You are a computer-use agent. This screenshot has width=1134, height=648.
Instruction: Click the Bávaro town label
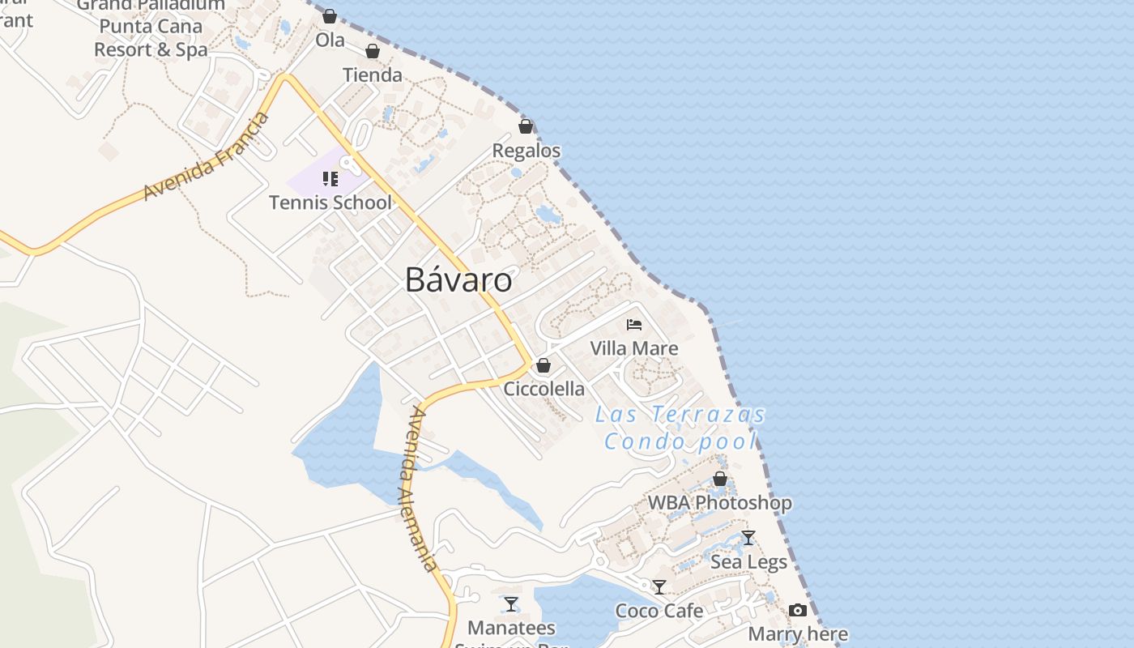(x=458, y=280)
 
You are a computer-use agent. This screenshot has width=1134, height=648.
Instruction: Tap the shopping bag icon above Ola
(x=330, y=16)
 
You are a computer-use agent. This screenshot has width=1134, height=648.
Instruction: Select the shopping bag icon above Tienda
(x=373, y=51)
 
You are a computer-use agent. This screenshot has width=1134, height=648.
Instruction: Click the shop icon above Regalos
(x=526, y=126)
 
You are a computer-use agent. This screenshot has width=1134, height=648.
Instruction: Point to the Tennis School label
(x=330, y=202)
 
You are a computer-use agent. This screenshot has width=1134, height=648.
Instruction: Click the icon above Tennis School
(x=330, y=178)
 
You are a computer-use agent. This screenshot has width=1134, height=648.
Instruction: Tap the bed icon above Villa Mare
(x=634, y=325)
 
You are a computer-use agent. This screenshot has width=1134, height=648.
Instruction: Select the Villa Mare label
(x=634, y=348)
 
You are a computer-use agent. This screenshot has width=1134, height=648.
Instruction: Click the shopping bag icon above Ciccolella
(x=544, y=365)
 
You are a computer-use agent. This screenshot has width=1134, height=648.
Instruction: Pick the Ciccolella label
(x=544, y=389)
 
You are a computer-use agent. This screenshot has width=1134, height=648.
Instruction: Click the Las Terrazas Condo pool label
(x=680, y=428)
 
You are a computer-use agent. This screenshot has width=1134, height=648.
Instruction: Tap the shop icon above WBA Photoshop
(x=720, y=479)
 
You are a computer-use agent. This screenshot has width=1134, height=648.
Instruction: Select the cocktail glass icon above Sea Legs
(x=748, y=538)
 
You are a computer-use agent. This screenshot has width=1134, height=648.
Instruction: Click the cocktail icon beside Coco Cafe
(x=660, y=586)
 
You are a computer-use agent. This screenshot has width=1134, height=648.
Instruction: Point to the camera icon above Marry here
(x=798, y=610)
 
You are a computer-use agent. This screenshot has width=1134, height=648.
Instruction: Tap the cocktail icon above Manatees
(x=511, y=603)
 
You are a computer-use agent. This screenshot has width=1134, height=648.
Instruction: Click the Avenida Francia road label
(x=206, y=157)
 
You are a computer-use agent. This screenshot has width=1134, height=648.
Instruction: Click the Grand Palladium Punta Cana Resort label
(x=151, y=28)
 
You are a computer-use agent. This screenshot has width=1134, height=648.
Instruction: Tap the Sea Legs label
(x=748, y=561)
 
